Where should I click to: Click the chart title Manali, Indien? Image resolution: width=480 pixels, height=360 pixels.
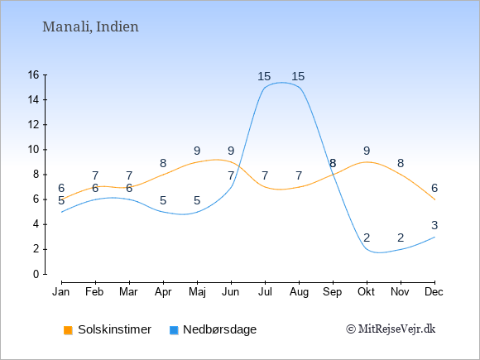point(90,26)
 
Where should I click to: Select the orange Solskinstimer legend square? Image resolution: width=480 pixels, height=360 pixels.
point(68,330)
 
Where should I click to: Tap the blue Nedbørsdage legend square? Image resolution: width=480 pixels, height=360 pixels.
point(174,330)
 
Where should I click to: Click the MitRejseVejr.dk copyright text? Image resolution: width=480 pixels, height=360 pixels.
point(391,329)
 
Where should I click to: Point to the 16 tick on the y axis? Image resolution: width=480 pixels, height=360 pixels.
point(34,74)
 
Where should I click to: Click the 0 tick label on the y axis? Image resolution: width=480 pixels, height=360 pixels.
point(36,274)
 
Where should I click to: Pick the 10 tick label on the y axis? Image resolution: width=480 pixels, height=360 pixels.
point(34,150)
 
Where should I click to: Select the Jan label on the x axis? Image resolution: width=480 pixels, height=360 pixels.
point(61,292)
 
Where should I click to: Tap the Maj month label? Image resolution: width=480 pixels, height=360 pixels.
point(197,292)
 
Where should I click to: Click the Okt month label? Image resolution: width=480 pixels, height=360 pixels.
point(366,292)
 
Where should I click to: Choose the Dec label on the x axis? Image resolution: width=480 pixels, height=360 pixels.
point(434,292)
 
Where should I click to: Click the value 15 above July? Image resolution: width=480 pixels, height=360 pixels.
point(264,76)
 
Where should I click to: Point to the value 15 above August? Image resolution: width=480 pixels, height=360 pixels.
point(298,76)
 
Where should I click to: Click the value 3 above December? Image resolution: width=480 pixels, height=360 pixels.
point(434,225)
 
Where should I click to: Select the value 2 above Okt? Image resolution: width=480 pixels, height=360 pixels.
point(367,238)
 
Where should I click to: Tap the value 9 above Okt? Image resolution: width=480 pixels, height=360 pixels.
point(367,151)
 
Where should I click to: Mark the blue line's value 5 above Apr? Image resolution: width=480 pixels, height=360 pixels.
point(163,200)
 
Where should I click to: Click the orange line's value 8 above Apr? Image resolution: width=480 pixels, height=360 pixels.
point(163,163)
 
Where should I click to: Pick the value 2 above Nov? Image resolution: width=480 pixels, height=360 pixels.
point(401,238)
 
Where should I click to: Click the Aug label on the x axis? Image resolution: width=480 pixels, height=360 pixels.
point(299,292)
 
